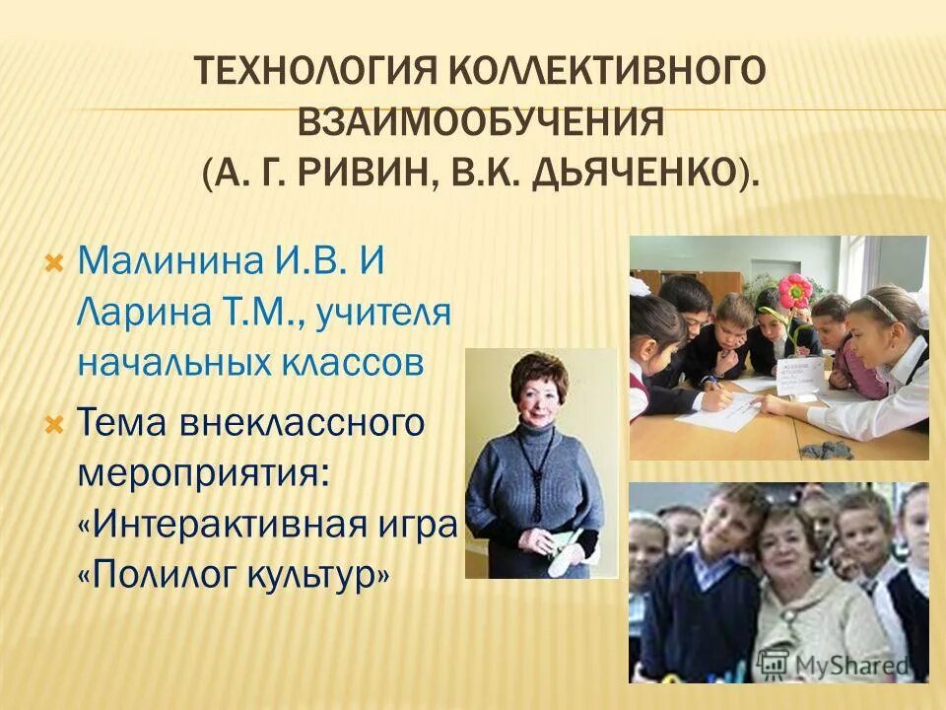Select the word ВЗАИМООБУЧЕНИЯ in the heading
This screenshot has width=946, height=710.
(480, 126)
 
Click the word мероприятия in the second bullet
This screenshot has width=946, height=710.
(197, 471)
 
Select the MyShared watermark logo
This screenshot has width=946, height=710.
(846, 664)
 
